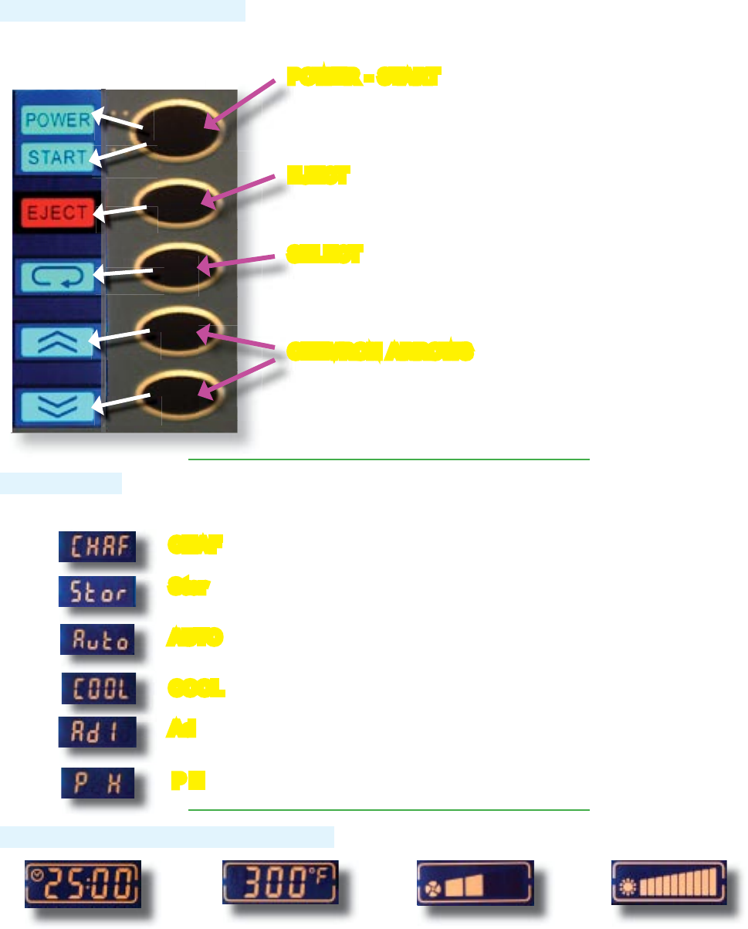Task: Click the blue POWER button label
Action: click(x=56, y=120)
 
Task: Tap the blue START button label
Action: click(x=57, y=157)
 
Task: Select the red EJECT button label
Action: click(x=58, y=213)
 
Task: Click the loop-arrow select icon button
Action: click(x=58, y=276)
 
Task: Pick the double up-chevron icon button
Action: click(x=58, y=341)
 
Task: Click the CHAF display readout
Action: click(x=98, y=547)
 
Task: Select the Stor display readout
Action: click(x=97, y=592)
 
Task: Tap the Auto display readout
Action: click(x=98, y=639)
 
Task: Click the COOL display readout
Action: click(x=99, y=687)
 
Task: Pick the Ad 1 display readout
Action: click(x=98, y=731)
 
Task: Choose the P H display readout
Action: click(x=98, y=783)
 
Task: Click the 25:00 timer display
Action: click(x=82, y=883)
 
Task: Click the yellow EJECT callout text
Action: click(x=316, y=176)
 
